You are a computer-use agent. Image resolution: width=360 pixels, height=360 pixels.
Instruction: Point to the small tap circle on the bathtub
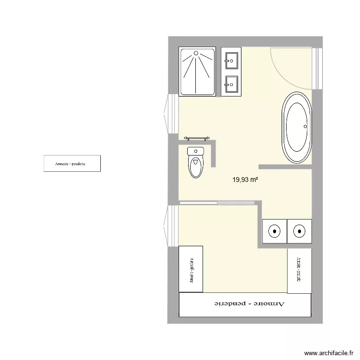pyautogui.click(x=305, y=127)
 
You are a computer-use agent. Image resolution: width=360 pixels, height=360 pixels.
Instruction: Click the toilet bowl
pyautogui.click(x=195, y=168)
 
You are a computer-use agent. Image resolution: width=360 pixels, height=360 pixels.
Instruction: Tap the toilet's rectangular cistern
pyautogui.click(x=195, y=151)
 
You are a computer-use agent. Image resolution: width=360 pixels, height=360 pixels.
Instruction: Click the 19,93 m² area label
pyautogui.click(x=246, y=180)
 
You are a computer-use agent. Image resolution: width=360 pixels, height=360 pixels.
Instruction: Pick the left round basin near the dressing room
pyautogui.click(x=275, y=231)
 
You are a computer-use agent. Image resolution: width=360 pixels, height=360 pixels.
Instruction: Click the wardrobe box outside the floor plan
pyautogui.click(x=72, y=163)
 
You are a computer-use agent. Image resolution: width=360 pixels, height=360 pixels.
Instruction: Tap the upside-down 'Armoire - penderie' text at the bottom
pyautogui.click(x=249, y=304)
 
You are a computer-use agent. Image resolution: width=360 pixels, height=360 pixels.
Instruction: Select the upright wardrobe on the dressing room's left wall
pyautogui.click(x=191, y=269)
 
